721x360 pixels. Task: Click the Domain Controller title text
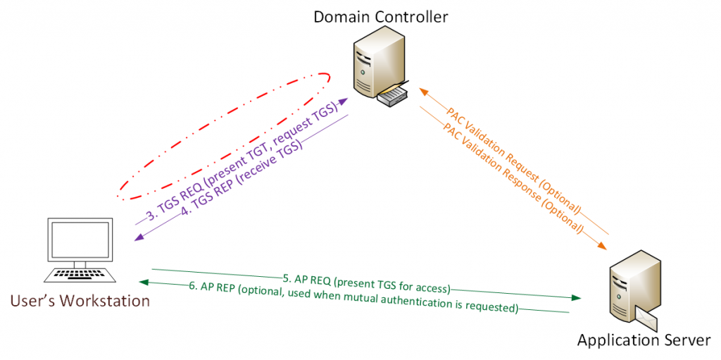[x=381, y=16]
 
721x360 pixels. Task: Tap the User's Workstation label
[x=80, y=302]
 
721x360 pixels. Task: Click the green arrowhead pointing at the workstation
[x=144, y=283]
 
